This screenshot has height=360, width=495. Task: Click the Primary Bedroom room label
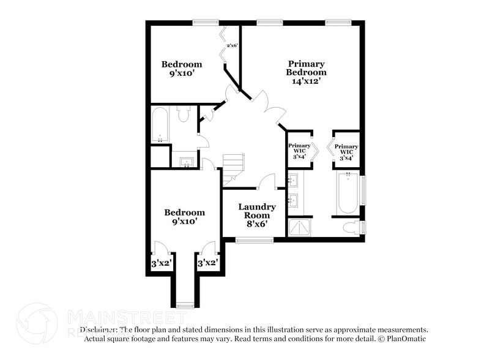(x=306, y=68)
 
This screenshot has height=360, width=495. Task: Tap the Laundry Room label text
(x=257, y=211)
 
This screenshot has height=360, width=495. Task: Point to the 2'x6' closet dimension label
(x=232, y=45)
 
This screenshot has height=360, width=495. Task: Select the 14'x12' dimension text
(x=306, y=80)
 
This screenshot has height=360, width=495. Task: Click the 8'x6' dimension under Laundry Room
(x=257, y=225)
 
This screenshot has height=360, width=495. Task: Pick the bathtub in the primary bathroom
(x=347, y=193)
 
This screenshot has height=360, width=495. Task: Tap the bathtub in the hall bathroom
(x=160, y=125)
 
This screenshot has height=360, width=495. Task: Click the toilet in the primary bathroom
(x=353, y=228)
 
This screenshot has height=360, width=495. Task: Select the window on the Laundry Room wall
(x=254, y=240)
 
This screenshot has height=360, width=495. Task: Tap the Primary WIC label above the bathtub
(x=346, y=149)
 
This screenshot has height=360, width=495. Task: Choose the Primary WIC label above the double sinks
(x=300, y=149)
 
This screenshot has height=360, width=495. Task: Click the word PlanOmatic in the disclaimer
(x=403, y=339)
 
